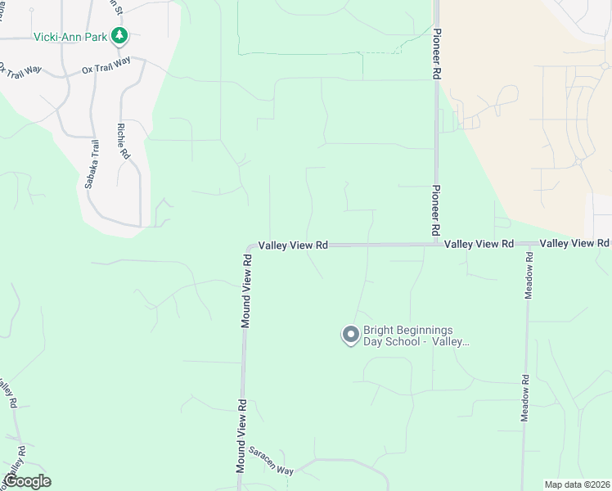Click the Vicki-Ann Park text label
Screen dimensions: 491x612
(x=72, y=36)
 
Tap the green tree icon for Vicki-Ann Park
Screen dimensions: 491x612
(x=120, y=35)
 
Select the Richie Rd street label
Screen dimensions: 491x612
(x=123, y=141)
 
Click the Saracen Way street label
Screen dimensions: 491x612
(x=271, y=462)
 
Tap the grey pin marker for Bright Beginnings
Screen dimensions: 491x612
(x=349, y=335)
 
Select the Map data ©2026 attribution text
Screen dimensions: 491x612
(x=577, y=484)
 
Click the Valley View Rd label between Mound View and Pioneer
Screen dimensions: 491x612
(x=293, y=245)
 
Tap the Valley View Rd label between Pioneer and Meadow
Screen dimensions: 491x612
(x=479, y=244)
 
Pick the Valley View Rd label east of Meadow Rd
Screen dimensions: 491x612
(x=574, y=243)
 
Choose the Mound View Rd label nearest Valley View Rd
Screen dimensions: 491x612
(x=245, y=291)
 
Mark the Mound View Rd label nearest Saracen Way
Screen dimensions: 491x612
(x=241, y=436)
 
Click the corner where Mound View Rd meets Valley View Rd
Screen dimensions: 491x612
(x=249, y=245)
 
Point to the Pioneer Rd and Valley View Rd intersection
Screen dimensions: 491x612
(x=436, y=244)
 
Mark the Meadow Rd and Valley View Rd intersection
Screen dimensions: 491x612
(x=528, y=244)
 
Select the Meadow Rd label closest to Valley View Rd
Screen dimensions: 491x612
(x=529, y=277)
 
